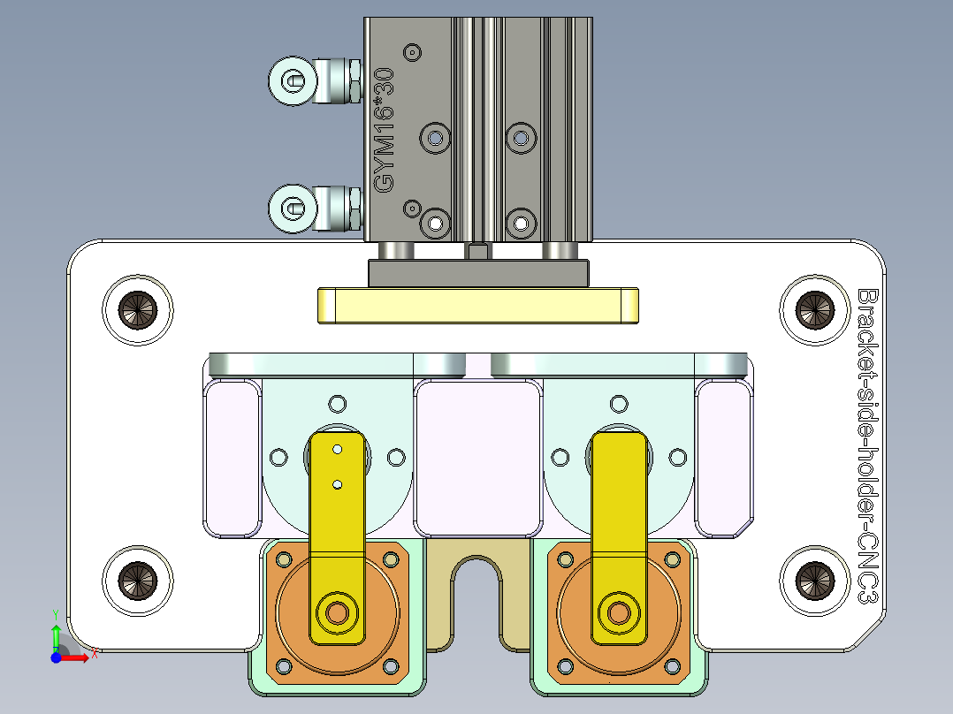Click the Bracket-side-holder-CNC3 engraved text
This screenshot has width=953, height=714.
[x=867, y=445]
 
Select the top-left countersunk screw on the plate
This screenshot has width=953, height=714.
[x=138, y=309]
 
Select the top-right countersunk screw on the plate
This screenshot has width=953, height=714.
[x=813, y=309]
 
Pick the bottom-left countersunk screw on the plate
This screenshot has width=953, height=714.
[x=138, y=579]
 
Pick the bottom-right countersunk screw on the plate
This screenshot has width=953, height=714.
[x=813, y=579]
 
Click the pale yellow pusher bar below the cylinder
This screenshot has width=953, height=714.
[x=477, y=306]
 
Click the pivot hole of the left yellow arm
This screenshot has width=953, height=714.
[x=337, y=611]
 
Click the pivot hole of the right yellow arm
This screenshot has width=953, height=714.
[x=619, y=611]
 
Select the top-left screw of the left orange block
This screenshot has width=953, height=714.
[x=284, y=559]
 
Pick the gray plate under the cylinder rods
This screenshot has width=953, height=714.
[x=478, y=273]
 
